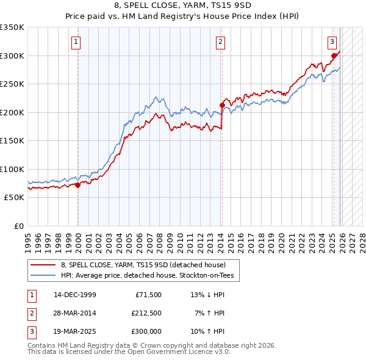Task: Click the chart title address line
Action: [x=182, y=5]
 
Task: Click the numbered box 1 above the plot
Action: [x=76, y=42]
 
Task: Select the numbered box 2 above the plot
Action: [x=220, y=42]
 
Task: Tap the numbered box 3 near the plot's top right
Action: [x=332, y=42]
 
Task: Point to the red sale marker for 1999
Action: [x=78, y=185]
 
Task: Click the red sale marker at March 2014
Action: [x=222, y=106]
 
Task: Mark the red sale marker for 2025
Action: [x=334, y=56]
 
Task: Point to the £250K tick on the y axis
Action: [x=12, y=84]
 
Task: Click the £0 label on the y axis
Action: [x=18, y=226]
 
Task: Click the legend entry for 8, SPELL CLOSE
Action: [x=143, y=265]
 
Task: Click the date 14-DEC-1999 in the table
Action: [x=74, y=295]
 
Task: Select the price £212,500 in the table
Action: [x=146, y=313]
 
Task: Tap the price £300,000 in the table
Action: [x=146, y=331]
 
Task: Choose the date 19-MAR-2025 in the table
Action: [x=74, y=331]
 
